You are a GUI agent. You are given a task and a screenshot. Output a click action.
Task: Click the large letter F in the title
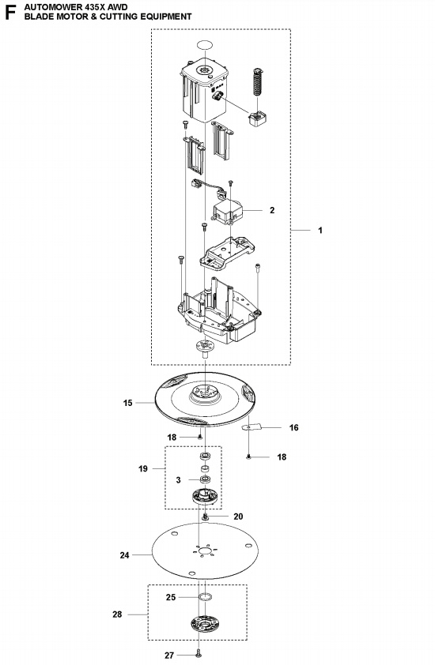click(x=9, y=13)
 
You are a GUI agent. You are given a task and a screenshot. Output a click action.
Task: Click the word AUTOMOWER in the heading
click(x=47, y=7)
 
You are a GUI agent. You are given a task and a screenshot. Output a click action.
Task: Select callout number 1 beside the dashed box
click(x=320, y=231)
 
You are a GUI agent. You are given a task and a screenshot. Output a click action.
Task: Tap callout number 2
click(x=272, y=210)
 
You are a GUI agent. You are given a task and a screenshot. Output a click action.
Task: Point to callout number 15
click(x=128, y=403)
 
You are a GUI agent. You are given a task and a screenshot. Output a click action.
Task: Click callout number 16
click(x=294, y=427)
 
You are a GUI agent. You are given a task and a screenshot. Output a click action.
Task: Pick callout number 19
click(x=143, y=468)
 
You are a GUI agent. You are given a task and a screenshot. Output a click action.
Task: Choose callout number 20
click(x=238, y=517)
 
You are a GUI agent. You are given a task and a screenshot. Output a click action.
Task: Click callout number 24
click(x=124, y=554)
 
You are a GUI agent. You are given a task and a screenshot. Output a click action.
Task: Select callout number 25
click(x=171, y=597)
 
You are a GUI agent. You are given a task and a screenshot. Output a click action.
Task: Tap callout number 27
click(x=169, y=656)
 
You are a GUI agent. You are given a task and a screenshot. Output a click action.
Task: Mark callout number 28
click(x=117, y=614)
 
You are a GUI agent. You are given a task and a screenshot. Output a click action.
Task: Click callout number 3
click(x=179, y=480)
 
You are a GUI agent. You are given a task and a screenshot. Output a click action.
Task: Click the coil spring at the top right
click(x=258, y=82)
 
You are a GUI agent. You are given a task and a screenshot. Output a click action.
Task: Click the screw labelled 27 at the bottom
click(x=199, y=655)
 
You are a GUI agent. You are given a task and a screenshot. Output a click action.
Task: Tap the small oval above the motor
click(x=204, y=45)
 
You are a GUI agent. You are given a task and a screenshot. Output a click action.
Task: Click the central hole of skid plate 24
click(x=205, y=551)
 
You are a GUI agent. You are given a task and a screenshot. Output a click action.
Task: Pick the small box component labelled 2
click(x=227, y=210)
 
